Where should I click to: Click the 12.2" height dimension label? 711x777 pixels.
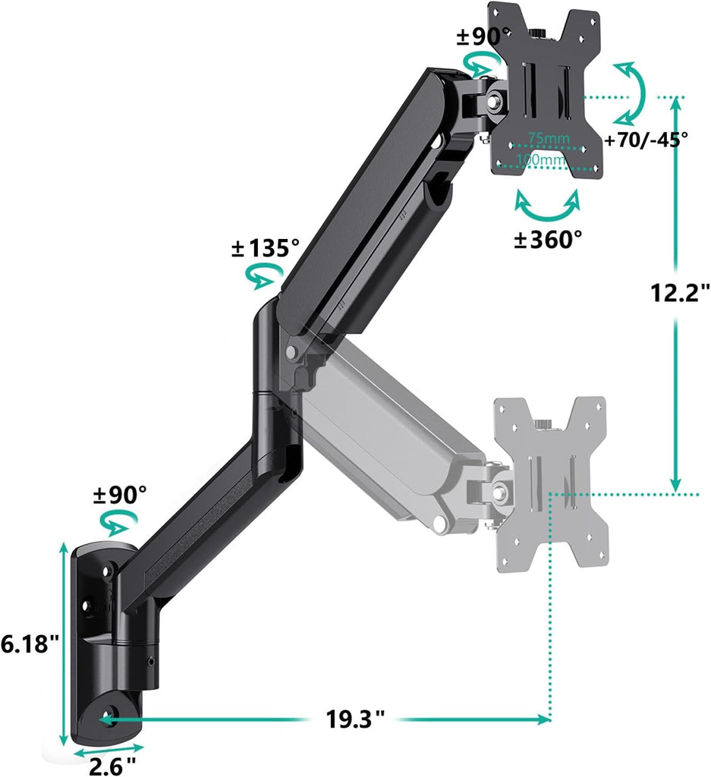680,292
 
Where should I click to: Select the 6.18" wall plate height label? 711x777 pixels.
30,644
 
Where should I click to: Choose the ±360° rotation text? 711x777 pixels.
548,240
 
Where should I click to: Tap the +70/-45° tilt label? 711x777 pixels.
647,140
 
